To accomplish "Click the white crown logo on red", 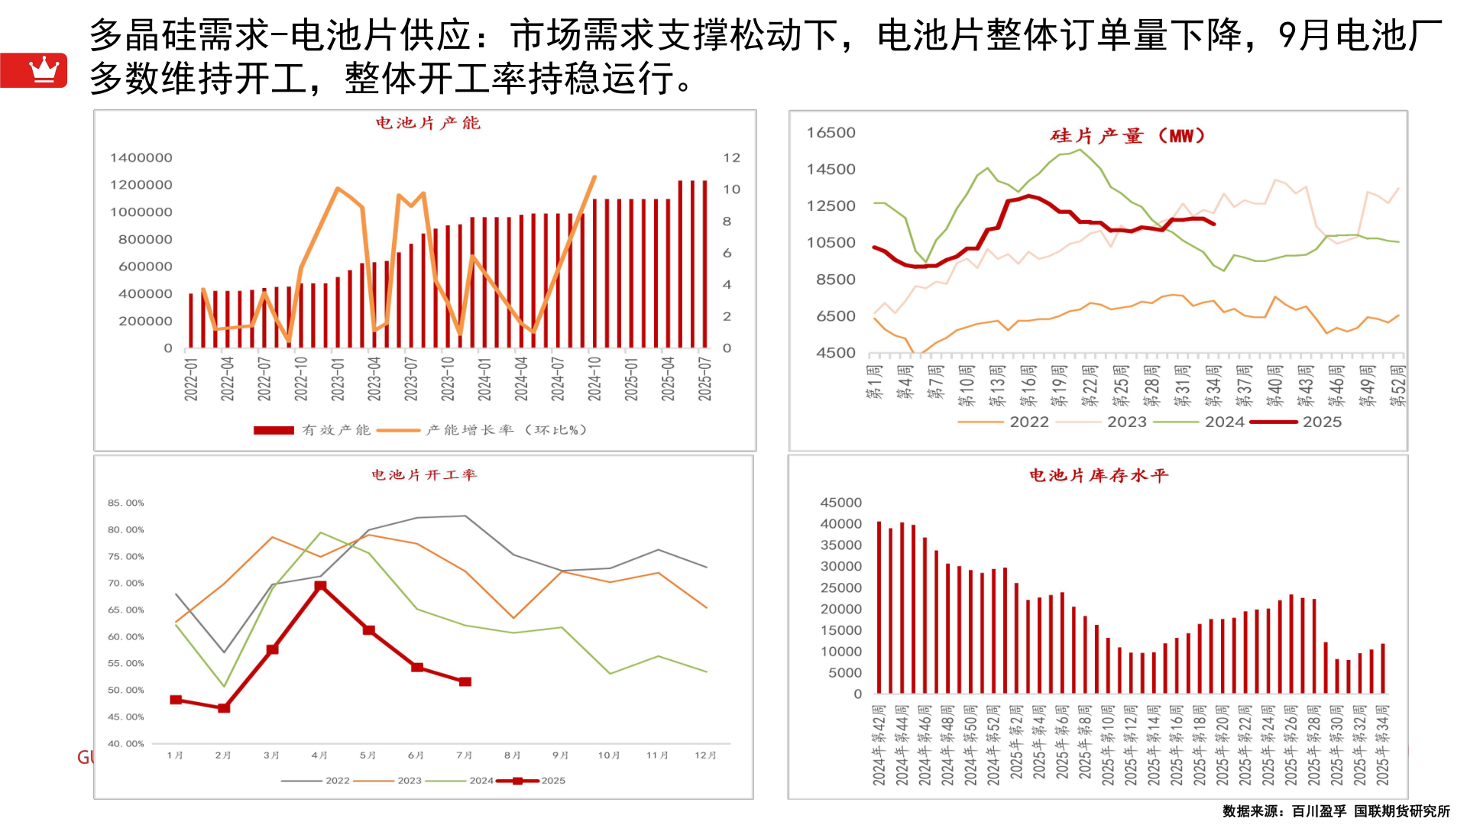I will point(44,70).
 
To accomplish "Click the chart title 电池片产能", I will point(428,123).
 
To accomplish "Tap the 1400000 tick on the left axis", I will point(141,158).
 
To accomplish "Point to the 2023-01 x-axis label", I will point(338,379).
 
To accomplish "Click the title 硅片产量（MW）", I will point(1128,136).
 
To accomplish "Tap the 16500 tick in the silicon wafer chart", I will point(831,133).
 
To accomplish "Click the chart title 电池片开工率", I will point(424,475).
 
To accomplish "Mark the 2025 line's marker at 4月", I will point(321,586).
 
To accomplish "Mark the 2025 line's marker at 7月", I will point(465,681).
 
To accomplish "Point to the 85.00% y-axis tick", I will point(126,503).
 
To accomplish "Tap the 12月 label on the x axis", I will point(705,755).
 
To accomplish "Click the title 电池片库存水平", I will point(1099,476).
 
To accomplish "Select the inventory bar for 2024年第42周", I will point(879,607).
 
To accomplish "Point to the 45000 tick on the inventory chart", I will point(840,503).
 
